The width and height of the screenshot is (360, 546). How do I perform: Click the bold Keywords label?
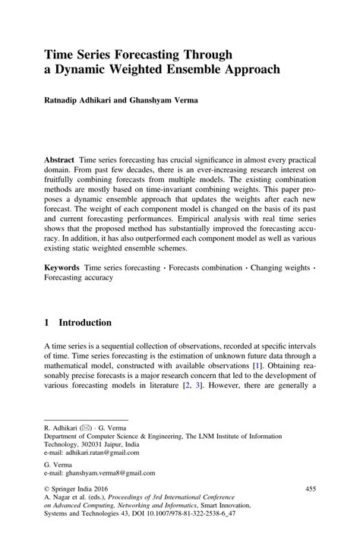coord(64,267)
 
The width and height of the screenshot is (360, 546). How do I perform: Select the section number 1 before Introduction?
coord(47,322)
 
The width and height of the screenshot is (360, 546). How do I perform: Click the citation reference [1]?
coord(257,365)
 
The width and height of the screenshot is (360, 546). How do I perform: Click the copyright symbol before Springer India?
coord(47,500)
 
